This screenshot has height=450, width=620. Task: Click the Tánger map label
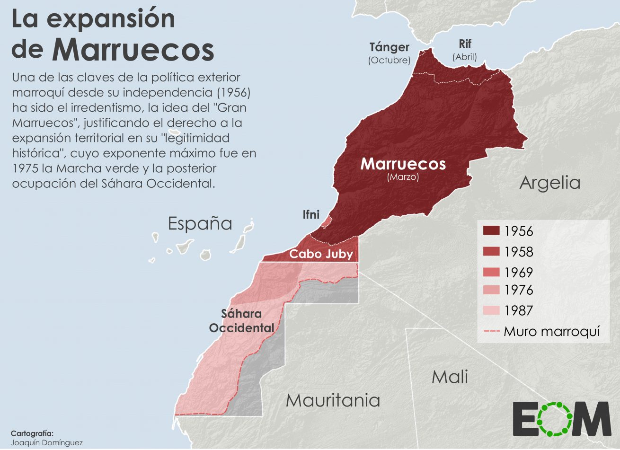389,47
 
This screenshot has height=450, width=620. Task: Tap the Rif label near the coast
465,44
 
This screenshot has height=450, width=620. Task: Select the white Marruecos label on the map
403,164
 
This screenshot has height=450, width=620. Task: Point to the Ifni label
311,215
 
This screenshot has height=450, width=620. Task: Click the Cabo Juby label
321,254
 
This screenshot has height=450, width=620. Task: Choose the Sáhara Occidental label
241,320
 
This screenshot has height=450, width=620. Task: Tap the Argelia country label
549,183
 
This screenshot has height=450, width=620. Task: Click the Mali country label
450,377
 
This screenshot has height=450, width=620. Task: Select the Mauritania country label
333,400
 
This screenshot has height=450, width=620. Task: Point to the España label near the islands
200,223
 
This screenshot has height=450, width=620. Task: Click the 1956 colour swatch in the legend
491,231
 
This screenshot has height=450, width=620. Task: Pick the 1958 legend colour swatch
491,251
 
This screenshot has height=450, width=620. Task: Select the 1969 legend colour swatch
491,272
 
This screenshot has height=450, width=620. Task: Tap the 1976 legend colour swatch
491,290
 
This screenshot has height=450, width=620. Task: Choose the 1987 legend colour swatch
491,310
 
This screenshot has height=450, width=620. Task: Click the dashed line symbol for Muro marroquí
491,332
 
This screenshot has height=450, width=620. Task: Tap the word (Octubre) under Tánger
389,61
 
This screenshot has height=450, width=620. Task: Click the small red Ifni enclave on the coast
327,221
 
